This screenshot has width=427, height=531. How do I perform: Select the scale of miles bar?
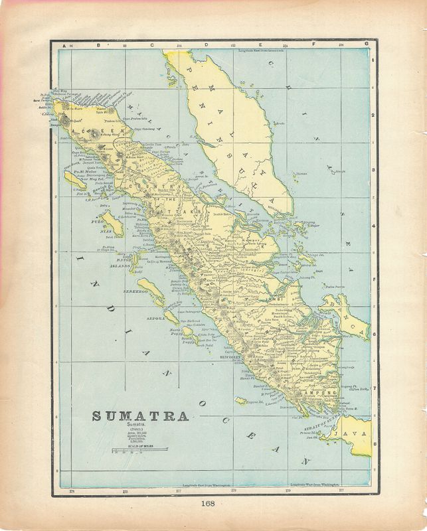(x=139, y=451)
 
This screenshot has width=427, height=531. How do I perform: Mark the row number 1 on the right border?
(x=373, y=61)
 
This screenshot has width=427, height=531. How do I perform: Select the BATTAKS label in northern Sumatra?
(x=185, y=210)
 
